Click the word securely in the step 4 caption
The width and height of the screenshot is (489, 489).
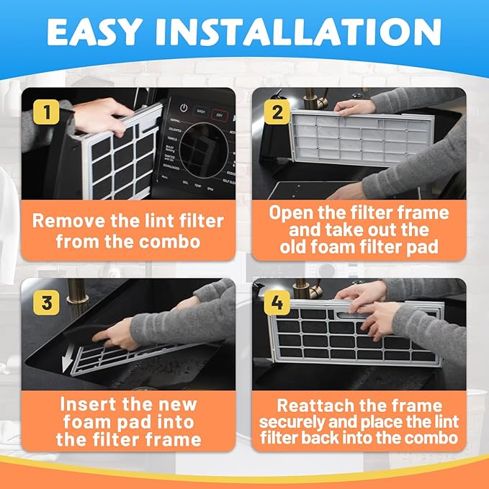[x=294, y=421]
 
